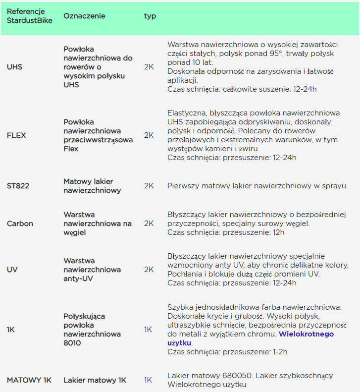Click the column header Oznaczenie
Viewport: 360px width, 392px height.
click(x=84, y=16)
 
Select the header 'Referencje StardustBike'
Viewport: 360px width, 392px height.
click(x=26, y=16)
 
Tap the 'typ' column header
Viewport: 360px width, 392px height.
click(x=150, y=16)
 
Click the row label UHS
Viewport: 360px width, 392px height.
click(x=14, y=67)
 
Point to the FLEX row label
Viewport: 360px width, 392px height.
click(x=16, y=135)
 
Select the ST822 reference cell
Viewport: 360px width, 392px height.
click(x=18, y=186)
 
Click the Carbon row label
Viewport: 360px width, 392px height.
click(x=20, y=224)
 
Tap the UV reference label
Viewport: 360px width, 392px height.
click(x=12, y=270)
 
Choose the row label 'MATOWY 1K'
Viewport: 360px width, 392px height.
click(x=29, y=380)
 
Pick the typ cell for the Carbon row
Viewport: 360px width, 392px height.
click(x=149, y=224)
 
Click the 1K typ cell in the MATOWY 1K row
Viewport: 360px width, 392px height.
click(x=148, y=380)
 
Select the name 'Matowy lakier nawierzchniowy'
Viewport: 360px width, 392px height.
click(x=92, y=186)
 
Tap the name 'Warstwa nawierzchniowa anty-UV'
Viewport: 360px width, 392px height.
click(x=92, y=270)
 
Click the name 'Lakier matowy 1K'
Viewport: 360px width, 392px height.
click(x=95, y=380)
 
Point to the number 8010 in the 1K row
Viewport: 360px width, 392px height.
click(x=73, y=343)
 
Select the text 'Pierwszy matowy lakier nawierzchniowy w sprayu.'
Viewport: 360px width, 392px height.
click(x=257, y=186)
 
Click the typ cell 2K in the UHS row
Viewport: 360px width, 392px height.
click(x=149, y=67)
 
